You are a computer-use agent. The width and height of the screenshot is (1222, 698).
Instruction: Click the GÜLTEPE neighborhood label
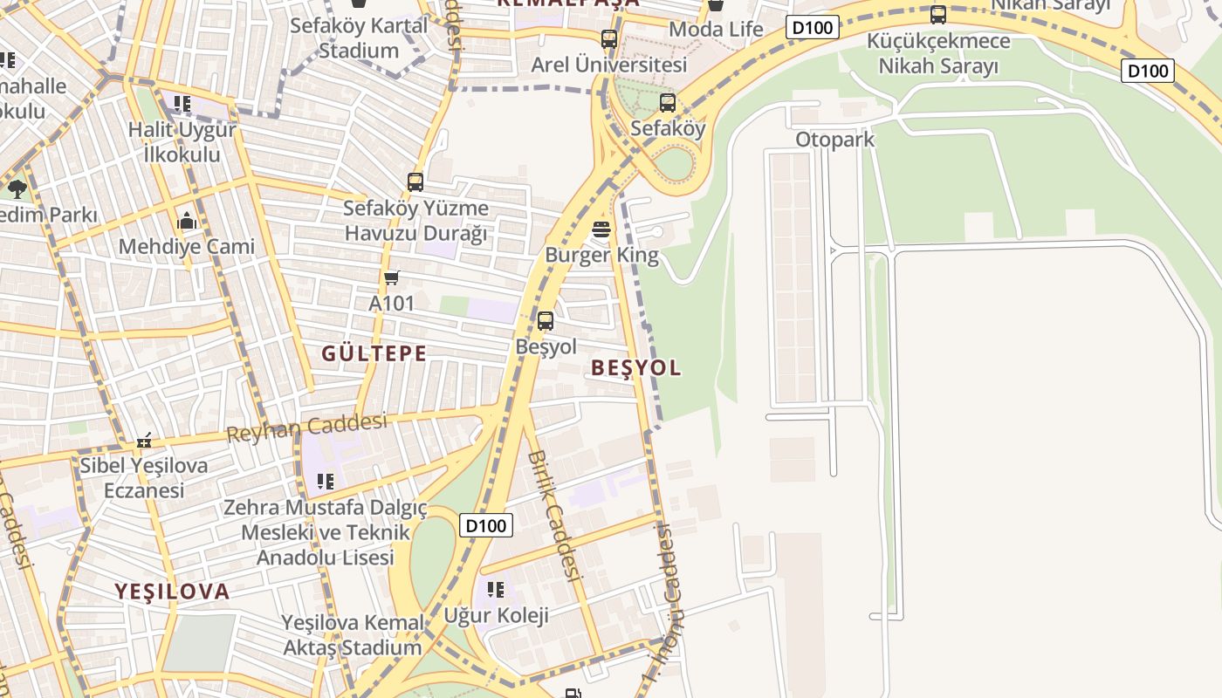[x=374, y=353]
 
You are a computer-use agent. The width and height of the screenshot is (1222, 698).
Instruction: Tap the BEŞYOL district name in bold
[x=636, y=367]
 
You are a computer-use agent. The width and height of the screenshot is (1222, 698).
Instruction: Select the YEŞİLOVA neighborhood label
[x=172, y=592]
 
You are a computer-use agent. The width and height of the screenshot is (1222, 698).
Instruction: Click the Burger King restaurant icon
[x=601, y=230]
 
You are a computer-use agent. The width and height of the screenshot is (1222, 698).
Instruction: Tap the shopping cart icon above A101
[x=391, y=277]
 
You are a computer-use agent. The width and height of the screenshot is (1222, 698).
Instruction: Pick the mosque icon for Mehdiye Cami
[x=186, y=221]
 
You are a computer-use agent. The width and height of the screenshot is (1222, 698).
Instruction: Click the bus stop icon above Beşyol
[x=546, y=321]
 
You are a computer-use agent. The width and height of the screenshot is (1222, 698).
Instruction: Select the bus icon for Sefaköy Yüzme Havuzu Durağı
[x=415, y=182]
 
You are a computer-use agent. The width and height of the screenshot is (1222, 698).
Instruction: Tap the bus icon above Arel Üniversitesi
[x=609, y=39]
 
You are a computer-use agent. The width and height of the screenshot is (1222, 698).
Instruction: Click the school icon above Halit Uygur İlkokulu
[x=182, y=104]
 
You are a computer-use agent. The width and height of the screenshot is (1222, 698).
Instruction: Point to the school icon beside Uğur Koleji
[x=496, y=590]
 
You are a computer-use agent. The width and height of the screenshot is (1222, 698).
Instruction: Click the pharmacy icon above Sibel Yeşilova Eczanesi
[x=144, y=441]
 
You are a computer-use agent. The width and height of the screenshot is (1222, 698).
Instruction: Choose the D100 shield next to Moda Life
[x=814, y=28]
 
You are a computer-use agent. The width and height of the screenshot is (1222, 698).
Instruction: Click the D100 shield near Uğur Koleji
[x=486, y=525]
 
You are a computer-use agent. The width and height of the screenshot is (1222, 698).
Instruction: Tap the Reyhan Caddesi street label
[x=306, y=428]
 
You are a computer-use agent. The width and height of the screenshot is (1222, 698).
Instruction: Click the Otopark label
[x=834, y=140]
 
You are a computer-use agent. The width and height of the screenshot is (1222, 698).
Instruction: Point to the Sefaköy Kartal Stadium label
[x=359, y=38]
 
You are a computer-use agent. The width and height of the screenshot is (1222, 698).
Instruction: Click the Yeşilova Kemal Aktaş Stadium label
[x=353, y=635]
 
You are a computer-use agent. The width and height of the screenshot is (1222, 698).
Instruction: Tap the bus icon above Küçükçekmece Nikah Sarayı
[x=938, y=15]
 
